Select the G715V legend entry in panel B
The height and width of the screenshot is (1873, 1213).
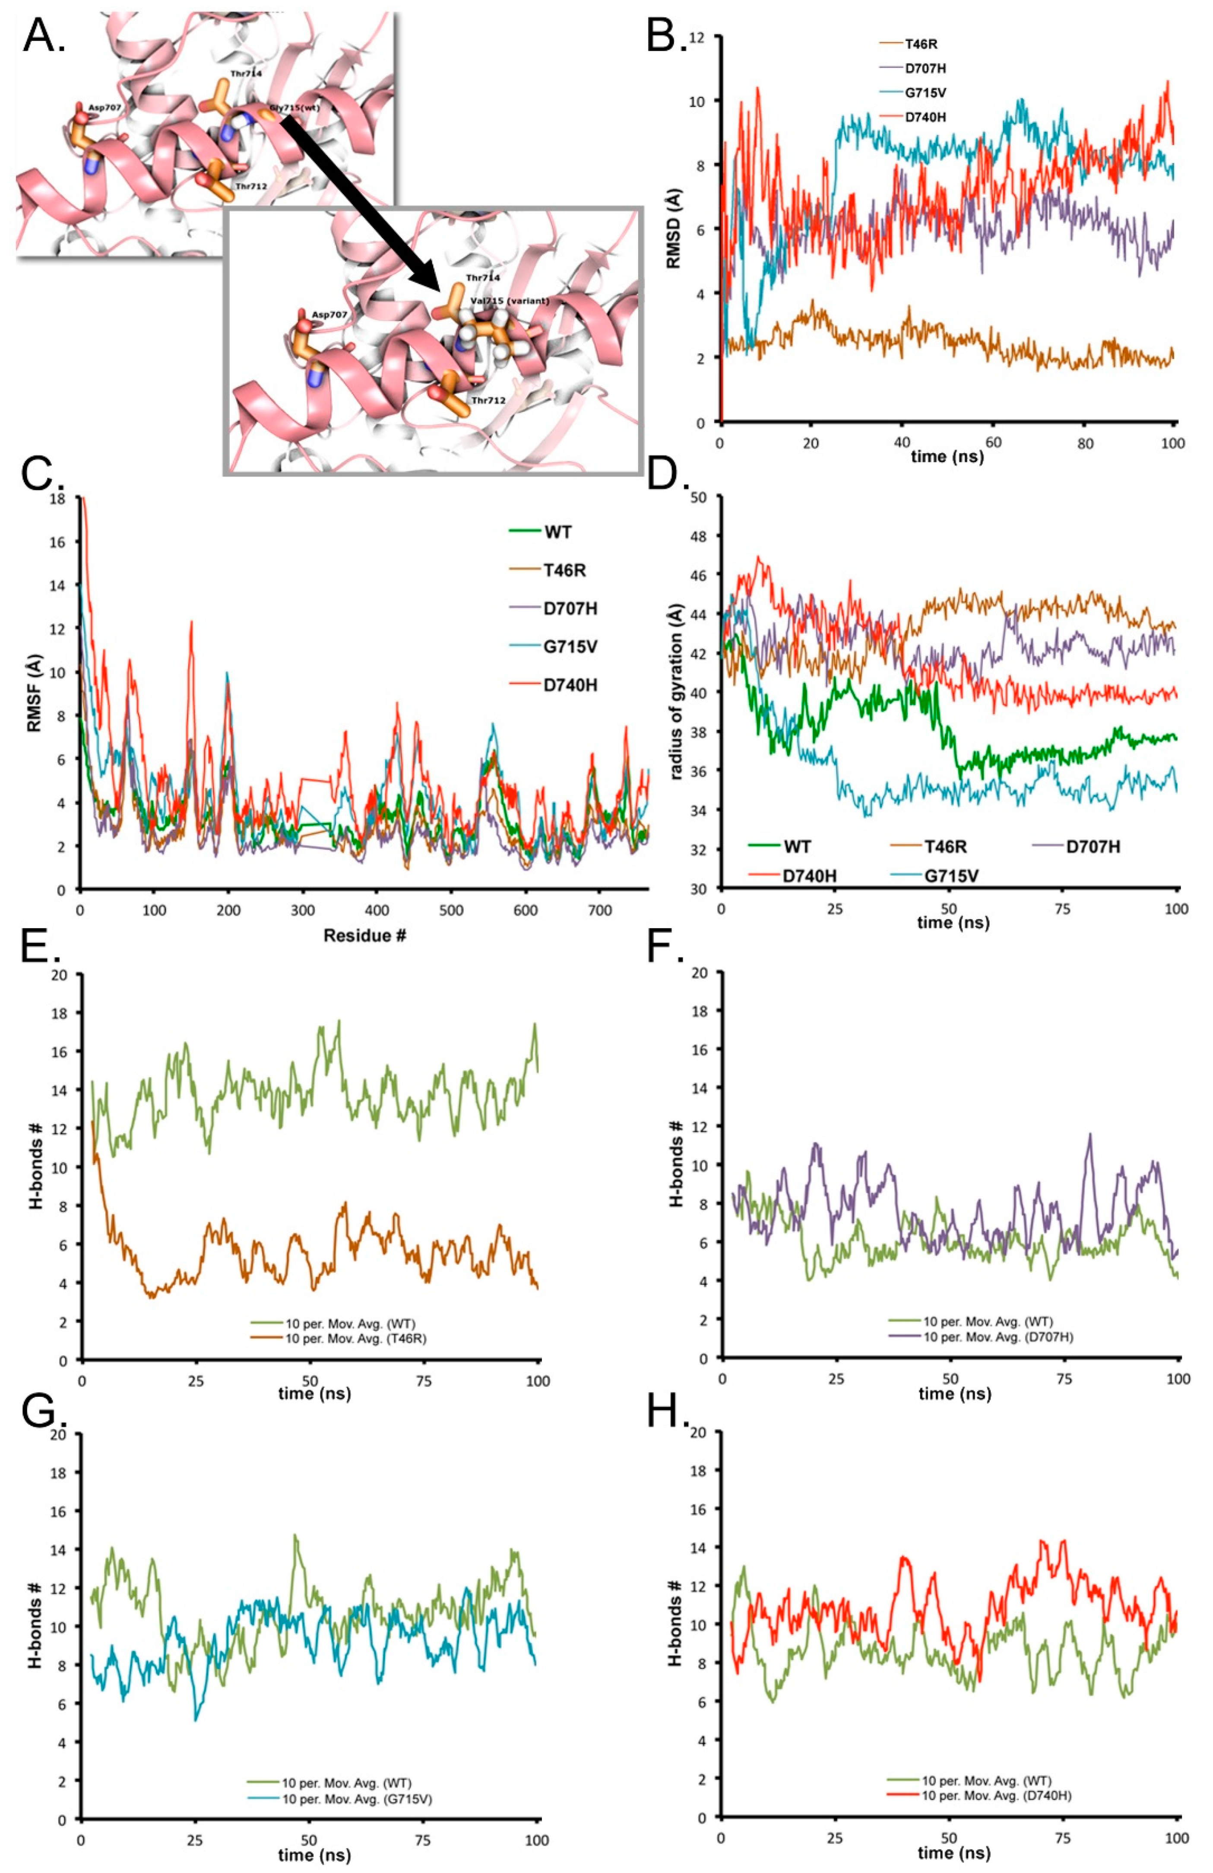point(924,93)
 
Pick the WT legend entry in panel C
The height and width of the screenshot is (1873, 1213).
point(557,532)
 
